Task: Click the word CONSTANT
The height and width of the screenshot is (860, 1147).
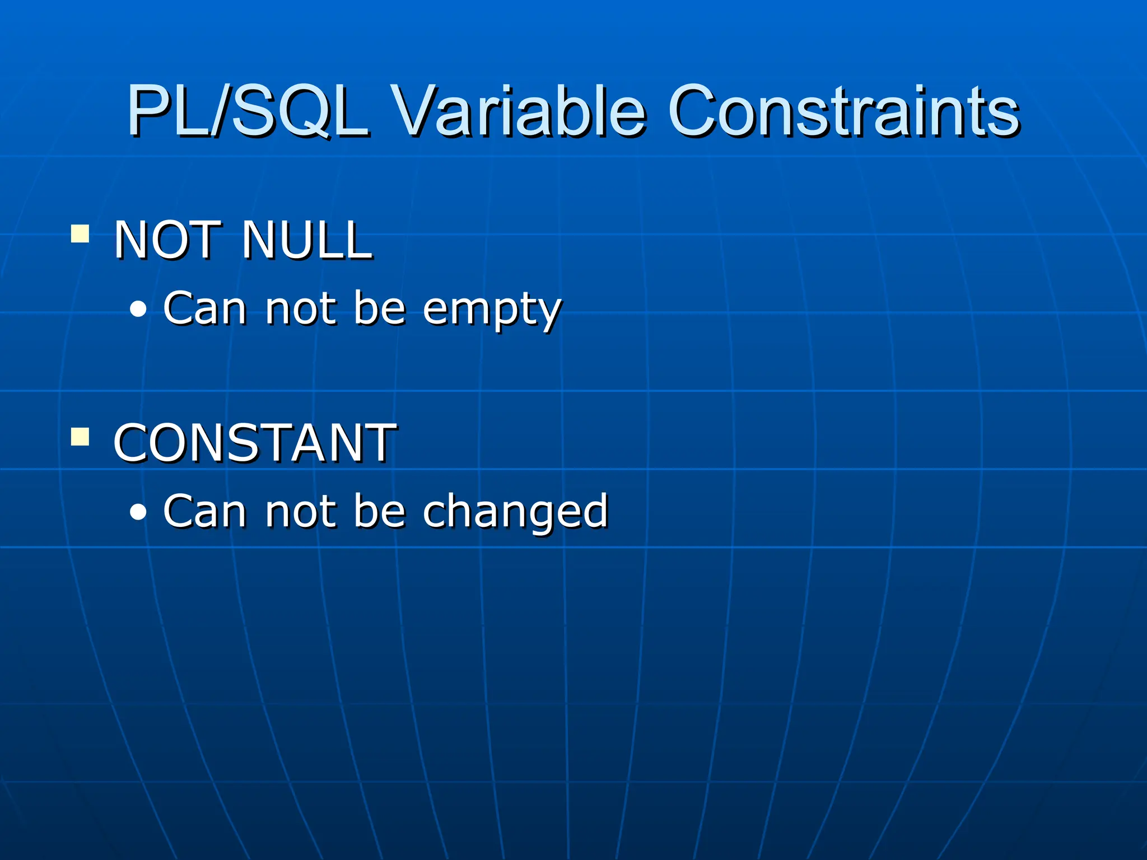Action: tap(255, 443)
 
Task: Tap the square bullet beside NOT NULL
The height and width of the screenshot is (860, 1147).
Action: tap(80, 233)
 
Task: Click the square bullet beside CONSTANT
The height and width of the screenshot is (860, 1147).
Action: tap(80, 436)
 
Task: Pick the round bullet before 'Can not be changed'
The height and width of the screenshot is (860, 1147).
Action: tap(138, 512)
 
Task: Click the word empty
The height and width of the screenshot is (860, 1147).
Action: tap(492, 310)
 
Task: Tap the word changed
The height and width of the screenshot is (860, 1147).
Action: tap(515, 512)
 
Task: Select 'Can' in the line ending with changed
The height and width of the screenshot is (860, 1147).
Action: tap(204, 511)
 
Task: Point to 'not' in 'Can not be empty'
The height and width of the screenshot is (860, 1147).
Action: tap(301, 310)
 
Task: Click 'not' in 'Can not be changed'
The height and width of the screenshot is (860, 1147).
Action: tap(301, 512)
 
